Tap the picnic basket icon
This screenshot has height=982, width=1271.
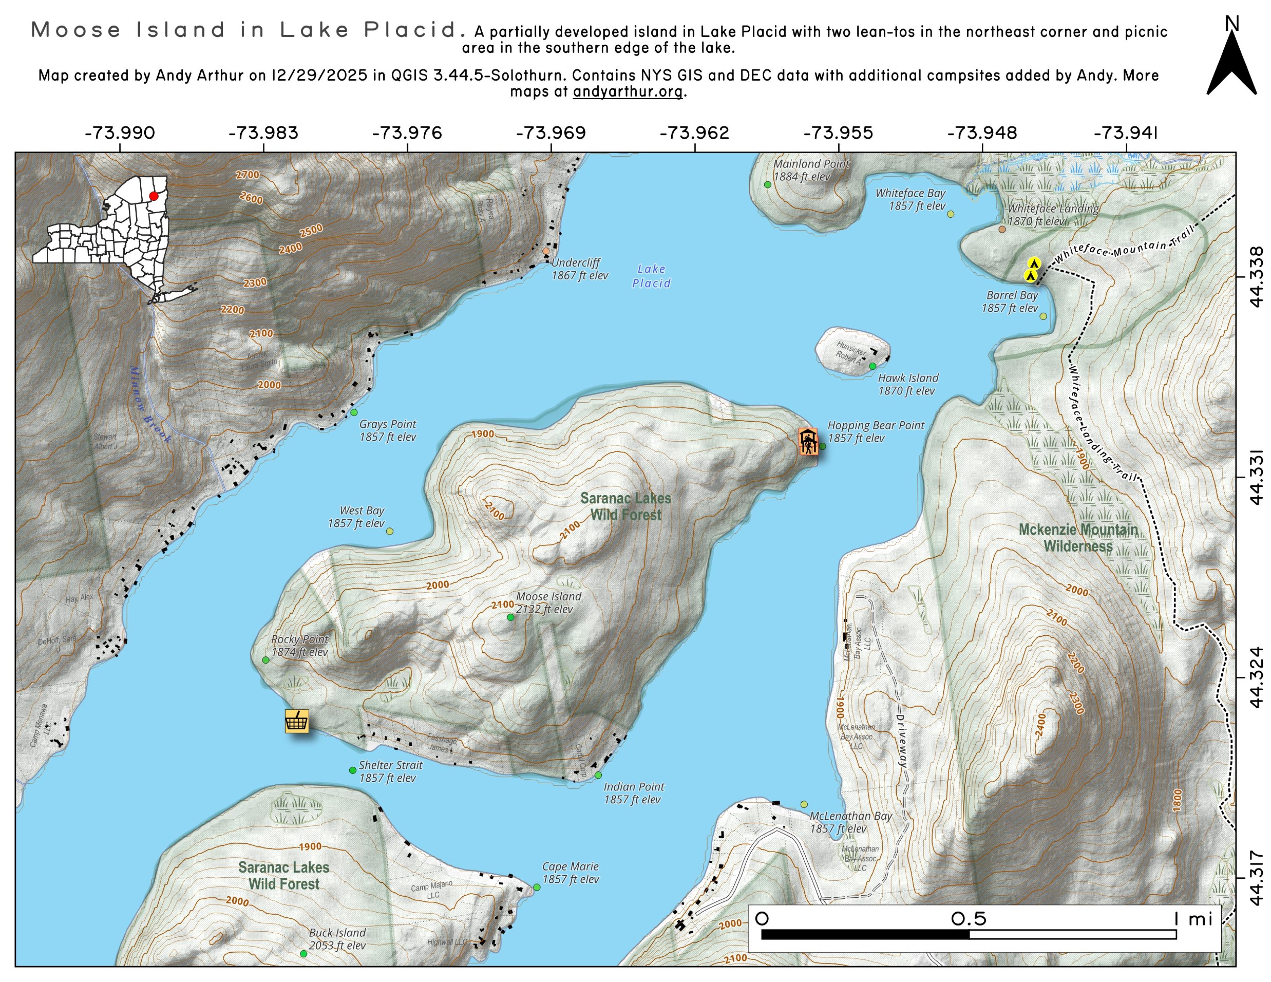[297, 721]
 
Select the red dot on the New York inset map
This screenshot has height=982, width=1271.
[154, 196]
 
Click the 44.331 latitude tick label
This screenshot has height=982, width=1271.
[1256, 477]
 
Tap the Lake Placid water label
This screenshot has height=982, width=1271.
[651, 276]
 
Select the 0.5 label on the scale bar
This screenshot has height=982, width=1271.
[968, 918]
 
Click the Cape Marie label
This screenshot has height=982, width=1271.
[570, 872]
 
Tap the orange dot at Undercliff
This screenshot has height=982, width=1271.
[546, 252]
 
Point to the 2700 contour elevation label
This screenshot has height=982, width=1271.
[247, 174]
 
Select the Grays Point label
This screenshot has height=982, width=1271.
[388, 430]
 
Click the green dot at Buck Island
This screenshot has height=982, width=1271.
[303, 954]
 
